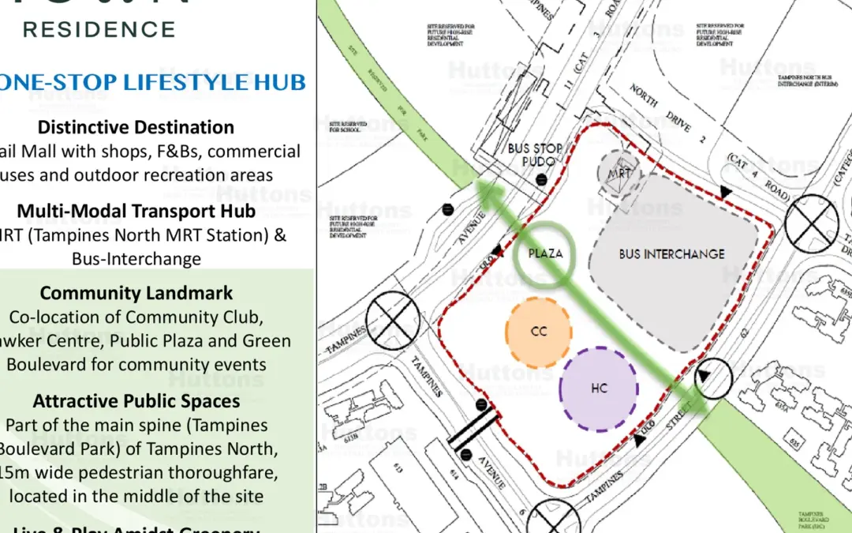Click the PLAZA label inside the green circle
point(545,253)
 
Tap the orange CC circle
point(539,332)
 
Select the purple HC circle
point(599,388)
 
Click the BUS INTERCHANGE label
point(671,254)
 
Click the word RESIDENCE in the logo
point(99,30)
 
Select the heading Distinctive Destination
point(136,127)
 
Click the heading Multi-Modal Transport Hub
point(136,211)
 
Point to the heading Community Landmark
point(136,293)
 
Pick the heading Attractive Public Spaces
point(136,400)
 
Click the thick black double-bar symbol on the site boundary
point(472,429)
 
